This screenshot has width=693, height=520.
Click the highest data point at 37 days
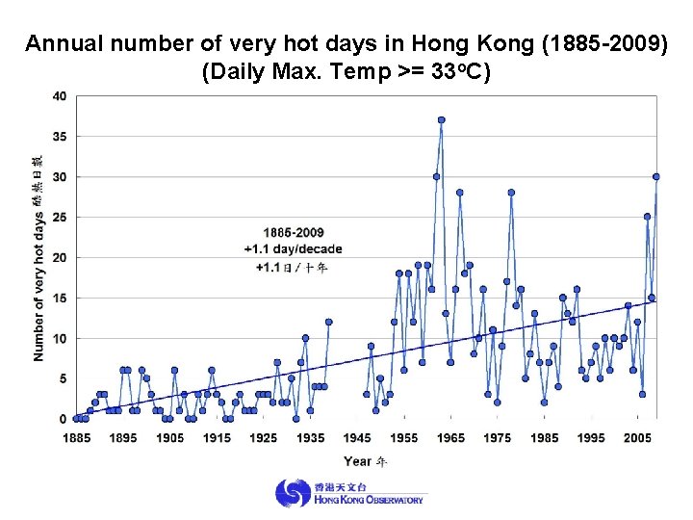click(441, 120)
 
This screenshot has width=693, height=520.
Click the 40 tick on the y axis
click(60, 96)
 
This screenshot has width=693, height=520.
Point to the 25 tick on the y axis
click(60, 218)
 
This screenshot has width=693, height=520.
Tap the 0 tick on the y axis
click(63, 419)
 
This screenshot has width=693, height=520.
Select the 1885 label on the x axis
click(77, 438)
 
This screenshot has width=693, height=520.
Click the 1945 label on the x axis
click(357, 438)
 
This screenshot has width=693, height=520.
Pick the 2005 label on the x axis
click(638, 438)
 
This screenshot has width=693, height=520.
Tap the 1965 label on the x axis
click(450, 438)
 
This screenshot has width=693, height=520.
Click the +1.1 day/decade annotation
click(293, 249)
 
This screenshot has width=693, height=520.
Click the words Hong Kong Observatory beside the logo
click(368, 500)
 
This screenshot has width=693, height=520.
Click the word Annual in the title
click(62, 44)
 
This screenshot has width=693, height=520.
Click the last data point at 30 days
click(656, 176)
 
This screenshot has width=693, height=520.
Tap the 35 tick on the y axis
click(60, 137)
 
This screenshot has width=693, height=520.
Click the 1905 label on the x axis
click(170, 438)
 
